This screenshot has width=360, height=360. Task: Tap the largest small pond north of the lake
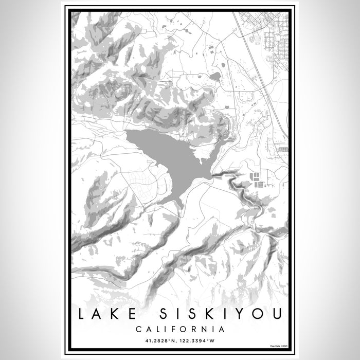pyautogui.click(x=215, y=77)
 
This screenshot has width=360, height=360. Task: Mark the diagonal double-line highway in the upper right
pyautogui.click(x=257, y=67)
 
